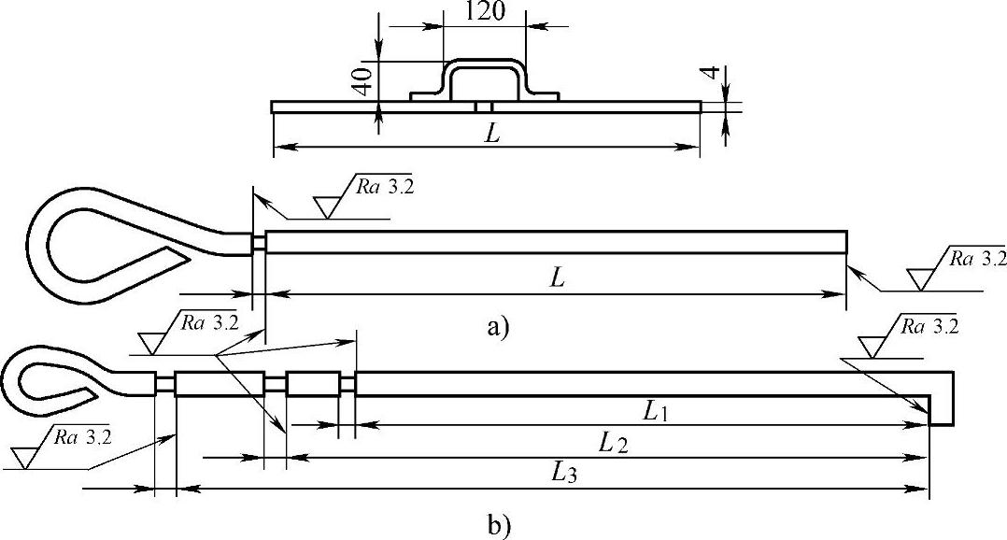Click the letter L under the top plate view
pyautogui.click(x=492, y=134)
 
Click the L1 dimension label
pyautogui.click(x=655, y=410)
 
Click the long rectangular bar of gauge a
pyautogui.click(x=556, y=241)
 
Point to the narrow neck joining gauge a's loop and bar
pyautogui.click(x=259, y=242)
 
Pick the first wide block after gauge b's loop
pyautogui.click(x=219, y=384)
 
